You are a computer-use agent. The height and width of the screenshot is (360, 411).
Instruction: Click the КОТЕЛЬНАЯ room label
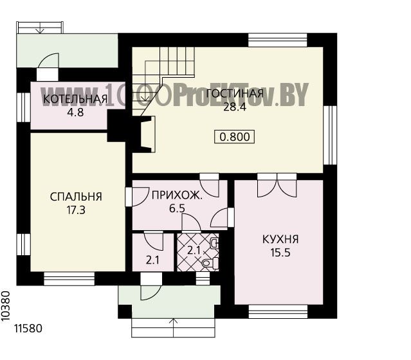coord(75,99)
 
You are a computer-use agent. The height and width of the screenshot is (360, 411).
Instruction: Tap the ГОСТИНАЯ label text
coord(235,94)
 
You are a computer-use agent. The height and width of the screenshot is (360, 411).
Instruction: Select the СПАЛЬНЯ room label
coord(76,197)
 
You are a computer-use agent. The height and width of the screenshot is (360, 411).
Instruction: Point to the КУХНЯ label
coord(280,239)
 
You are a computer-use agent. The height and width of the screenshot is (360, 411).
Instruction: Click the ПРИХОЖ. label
coord(177,195)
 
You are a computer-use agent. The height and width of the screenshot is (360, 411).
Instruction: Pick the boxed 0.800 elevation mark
coord(235,137)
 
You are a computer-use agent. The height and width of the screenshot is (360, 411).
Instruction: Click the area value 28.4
coord(235,107)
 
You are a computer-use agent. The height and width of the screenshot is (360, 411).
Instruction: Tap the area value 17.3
coord(76,210)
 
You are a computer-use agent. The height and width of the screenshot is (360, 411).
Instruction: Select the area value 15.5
coord(280,253)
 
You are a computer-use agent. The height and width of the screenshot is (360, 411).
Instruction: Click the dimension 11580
coord(28,328)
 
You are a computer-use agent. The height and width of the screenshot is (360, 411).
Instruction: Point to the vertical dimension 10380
coord(6,306)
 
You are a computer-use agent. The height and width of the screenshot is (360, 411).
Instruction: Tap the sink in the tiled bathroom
coord(215,244)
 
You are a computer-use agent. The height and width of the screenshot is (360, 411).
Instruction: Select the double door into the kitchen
coord(277,186)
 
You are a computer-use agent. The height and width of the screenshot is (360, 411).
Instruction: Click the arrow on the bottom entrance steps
coord(173,328)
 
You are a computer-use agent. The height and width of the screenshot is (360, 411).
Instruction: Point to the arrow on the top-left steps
coord(40,28)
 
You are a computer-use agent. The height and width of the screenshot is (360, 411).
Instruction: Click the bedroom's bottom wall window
coord(69,279)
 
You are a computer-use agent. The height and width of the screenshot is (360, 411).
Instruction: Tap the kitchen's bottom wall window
coord(278,312)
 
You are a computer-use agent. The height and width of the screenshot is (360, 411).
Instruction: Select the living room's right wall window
coord(330,135)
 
